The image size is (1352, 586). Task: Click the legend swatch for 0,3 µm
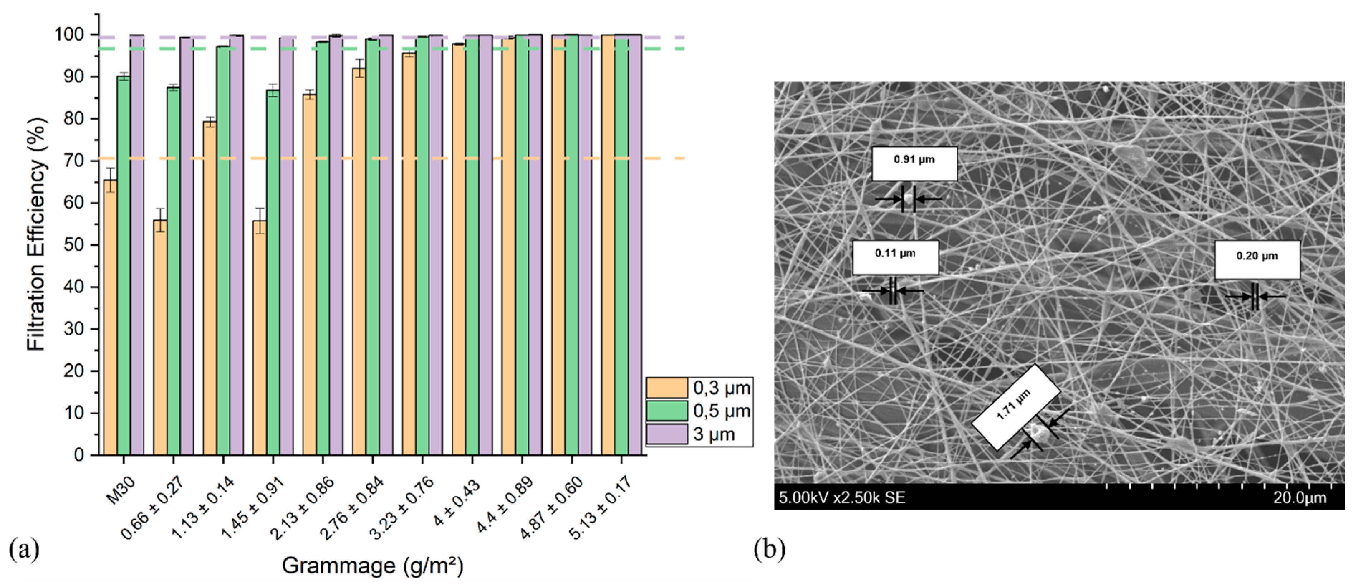[667, 388]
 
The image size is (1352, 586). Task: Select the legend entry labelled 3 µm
[714, 434]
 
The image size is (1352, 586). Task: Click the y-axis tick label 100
[69, 35]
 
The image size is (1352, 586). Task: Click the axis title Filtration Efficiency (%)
[37, 234]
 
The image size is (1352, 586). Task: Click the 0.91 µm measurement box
[914, 163]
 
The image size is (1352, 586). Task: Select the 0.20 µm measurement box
[1257, 260]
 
